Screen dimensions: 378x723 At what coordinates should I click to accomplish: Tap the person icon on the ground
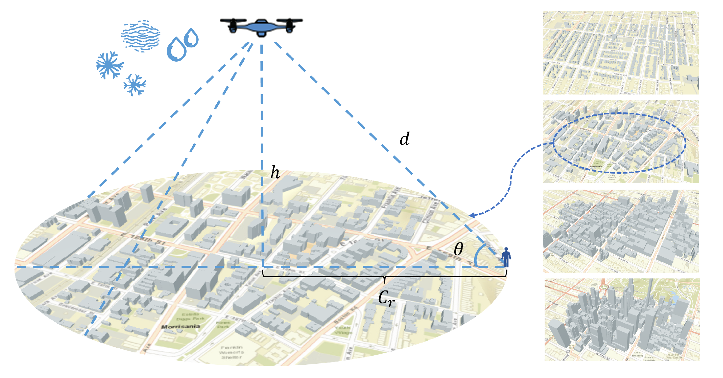(506, 257)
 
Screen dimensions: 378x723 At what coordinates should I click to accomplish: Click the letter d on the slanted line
(404, 139)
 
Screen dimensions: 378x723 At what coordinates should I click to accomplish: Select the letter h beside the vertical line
(275, 173)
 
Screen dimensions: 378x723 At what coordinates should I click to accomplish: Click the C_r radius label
(386, 298)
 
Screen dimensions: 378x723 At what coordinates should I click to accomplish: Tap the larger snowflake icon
(109, 65)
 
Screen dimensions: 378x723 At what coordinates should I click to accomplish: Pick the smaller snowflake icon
(135, 85)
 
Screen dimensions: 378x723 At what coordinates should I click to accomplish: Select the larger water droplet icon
(176, 49)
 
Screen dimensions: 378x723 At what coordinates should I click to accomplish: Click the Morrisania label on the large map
(181, 326)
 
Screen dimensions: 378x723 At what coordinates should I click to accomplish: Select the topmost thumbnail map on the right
(621, 53)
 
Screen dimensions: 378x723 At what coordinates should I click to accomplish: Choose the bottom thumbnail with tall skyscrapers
(622, 320)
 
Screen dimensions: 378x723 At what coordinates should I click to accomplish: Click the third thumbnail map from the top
(621, 231)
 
